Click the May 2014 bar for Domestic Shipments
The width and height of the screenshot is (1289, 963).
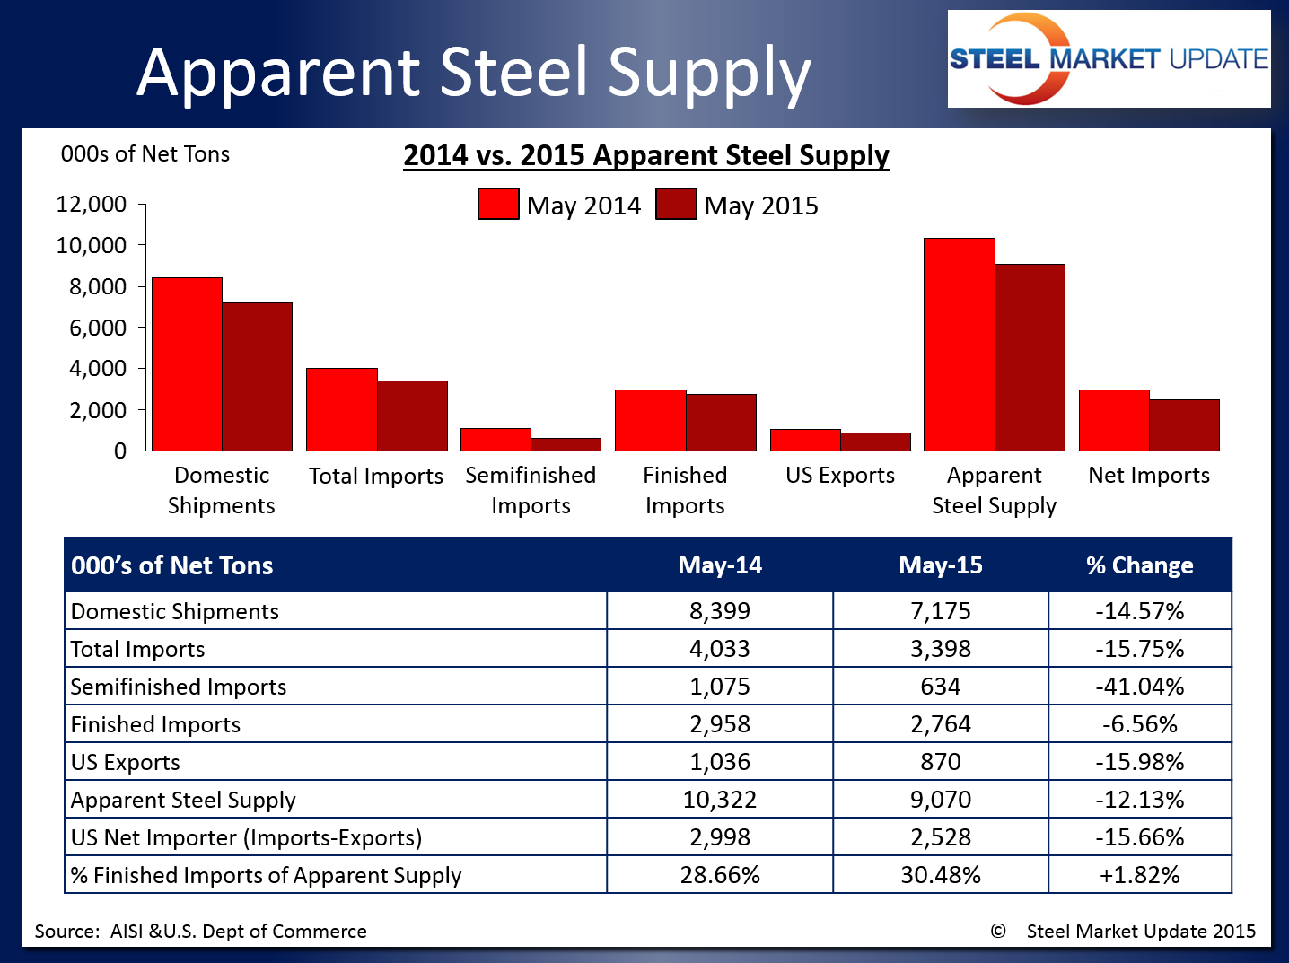187,364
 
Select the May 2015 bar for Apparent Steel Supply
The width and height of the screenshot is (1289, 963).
1030,357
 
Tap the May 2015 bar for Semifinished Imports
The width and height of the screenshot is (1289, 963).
566,444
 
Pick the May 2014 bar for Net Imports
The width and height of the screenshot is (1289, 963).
1114,420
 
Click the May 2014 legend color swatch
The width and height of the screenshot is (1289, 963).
498,205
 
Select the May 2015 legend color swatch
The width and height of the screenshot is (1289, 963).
676,205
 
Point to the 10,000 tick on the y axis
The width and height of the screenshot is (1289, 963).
92,245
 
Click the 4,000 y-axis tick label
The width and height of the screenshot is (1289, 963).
92,368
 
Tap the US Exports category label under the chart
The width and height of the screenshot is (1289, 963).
840,476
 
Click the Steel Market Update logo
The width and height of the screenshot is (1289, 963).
1109,59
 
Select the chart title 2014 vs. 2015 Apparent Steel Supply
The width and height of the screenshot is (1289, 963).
645,155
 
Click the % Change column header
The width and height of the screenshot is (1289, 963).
1139,565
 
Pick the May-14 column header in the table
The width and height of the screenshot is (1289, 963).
720,565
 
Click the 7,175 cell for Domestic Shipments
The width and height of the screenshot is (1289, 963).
941,611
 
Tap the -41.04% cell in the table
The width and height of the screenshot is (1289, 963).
1139,687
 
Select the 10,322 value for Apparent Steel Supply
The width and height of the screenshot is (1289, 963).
720,800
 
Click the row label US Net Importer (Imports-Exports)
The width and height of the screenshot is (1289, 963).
246,837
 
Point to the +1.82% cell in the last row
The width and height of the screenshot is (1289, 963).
1139,875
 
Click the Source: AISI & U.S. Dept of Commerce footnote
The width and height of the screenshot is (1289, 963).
200,932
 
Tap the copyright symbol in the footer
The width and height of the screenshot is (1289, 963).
998,931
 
